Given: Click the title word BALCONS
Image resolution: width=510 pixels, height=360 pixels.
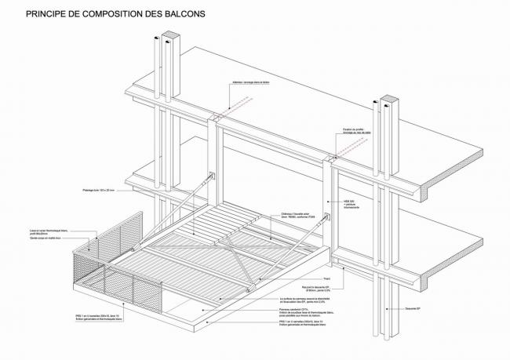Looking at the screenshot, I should pyautogui.click(x=180, y=13).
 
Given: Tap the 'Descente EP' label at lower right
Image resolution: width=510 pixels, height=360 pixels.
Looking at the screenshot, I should pyautogui.click(x=417, y=308).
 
